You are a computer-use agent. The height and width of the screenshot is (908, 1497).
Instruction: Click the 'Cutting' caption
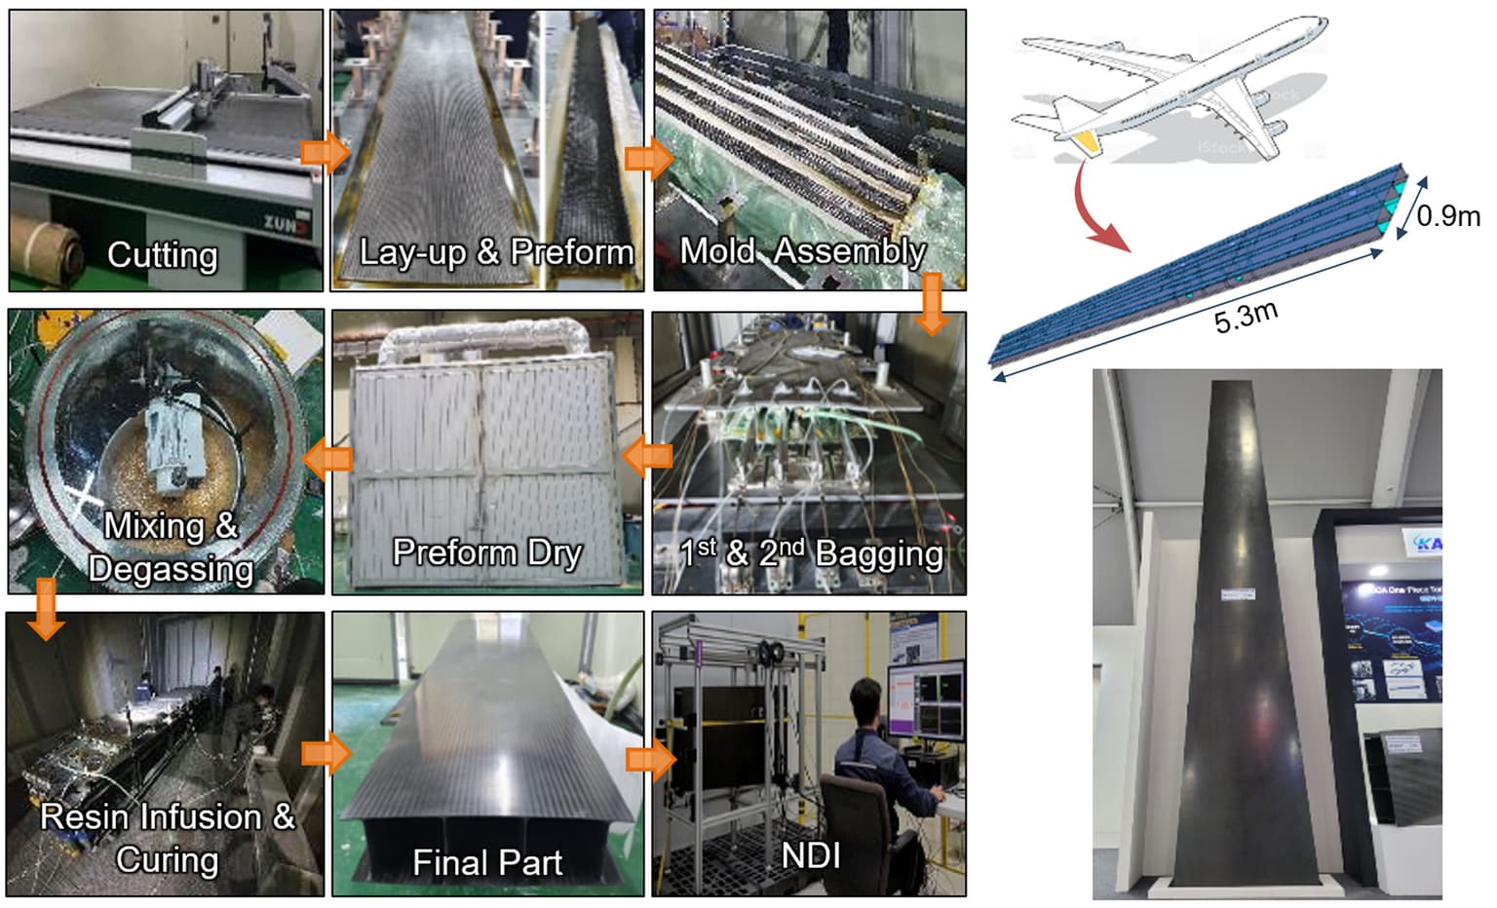[x=162, y=255]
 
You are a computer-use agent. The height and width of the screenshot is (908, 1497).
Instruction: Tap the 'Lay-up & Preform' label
[x=496, y=252]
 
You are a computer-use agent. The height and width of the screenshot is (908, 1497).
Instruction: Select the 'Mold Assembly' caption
[x=802, y=251]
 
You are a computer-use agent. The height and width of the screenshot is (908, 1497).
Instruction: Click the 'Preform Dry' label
[x=486, y=552]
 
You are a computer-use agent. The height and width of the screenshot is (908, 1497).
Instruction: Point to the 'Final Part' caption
[x=486, y=862]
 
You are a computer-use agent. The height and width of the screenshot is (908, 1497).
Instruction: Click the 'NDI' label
[x=810, y=855]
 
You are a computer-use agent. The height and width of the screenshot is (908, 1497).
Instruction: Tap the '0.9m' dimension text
[x=1448, y=215]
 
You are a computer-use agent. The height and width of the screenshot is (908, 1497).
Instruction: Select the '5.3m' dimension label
[x=1246, y=318]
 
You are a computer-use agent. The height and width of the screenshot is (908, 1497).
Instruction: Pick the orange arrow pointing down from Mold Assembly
[x=932, y=303]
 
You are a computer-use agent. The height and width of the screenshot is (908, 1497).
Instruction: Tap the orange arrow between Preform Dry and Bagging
[x=647, y=455]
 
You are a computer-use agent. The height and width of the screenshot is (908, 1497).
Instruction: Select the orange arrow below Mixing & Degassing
[x=44, y=608]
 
